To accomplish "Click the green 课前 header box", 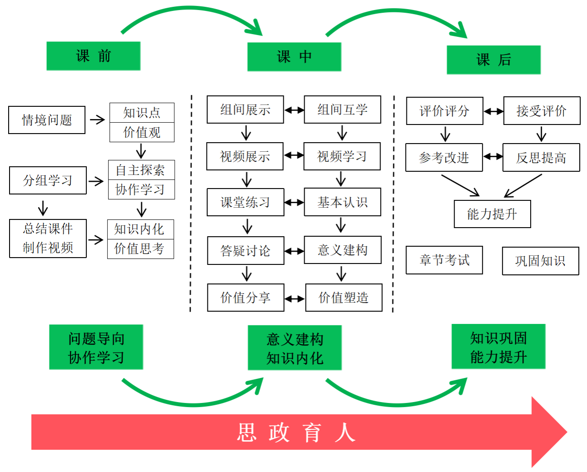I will pyautogui.click(x=93, y=56).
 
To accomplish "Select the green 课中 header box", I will pyautogui.click(x=294, y=57).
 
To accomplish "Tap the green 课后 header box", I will pyautogui.click(x=493, y=60).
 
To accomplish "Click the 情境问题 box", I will pyautogui.click(x=47, y=120).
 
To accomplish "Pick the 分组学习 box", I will pyautogui.click(x=48, y=180).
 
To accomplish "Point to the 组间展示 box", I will pyautogui.click(x=245, y=109).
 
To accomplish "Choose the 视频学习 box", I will pyautogui.click(x=342, y=156).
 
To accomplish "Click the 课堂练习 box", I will pyautogui.click(x=245, y=202).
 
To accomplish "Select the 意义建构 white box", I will pyautogui.click(x=342, y=250).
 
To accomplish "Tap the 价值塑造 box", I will pyautogui.click(x=344, y=298).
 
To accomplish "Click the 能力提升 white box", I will pyautogui.click(x=492, y=214).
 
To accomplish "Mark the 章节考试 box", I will pyautogui.click(x=444, y=260).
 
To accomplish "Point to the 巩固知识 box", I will pyautogui.click(x=540, y=261).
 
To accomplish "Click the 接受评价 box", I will pyautogui.click(x=542, y=111).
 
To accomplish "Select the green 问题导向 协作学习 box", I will pyautogui.click(x=96, y=348).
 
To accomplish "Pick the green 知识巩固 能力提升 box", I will pyautogui.click(x=498, y=347).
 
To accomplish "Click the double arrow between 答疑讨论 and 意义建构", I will pyautogui.click(x=294, y=251).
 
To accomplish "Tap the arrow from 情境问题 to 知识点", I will pyautogui.click(x=97, y=119).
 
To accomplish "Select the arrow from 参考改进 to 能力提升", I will pyautogui.click(x=460, y=185).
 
